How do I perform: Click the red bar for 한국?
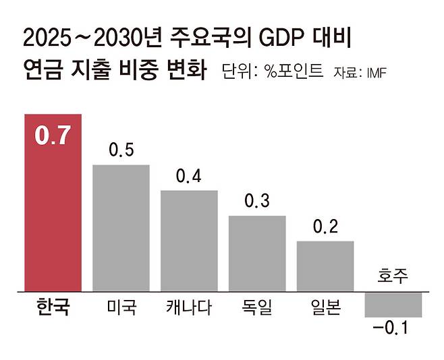coord(53,203)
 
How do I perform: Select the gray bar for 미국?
coord(121,228)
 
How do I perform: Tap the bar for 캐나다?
coord(189,241)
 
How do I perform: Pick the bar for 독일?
coord(257,253)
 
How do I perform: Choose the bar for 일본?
coord(325,266)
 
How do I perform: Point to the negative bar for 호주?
coord(393,305)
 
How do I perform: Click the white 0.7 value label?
coord(53,136)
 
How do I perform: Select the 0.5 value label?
coord(121,150)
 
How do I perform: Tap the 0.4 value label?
coord(188,175)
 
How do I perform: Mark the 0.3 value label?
coord(257,201)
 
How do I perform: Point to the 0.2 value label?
coord(326,227)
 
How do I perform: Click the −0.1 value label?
coord(391,328)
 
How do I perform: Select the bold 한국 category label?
coord(53,307)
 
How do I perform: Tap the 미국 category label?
coord(121,307)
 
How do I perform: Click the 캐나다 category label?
coord(189,307)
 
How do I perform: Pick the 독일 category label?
coord(257,307)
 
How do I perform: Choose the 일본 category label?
coord(326,307)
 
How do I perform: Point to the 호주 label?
coord(393,275)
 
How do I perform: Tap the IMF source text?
coord(377,73)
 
